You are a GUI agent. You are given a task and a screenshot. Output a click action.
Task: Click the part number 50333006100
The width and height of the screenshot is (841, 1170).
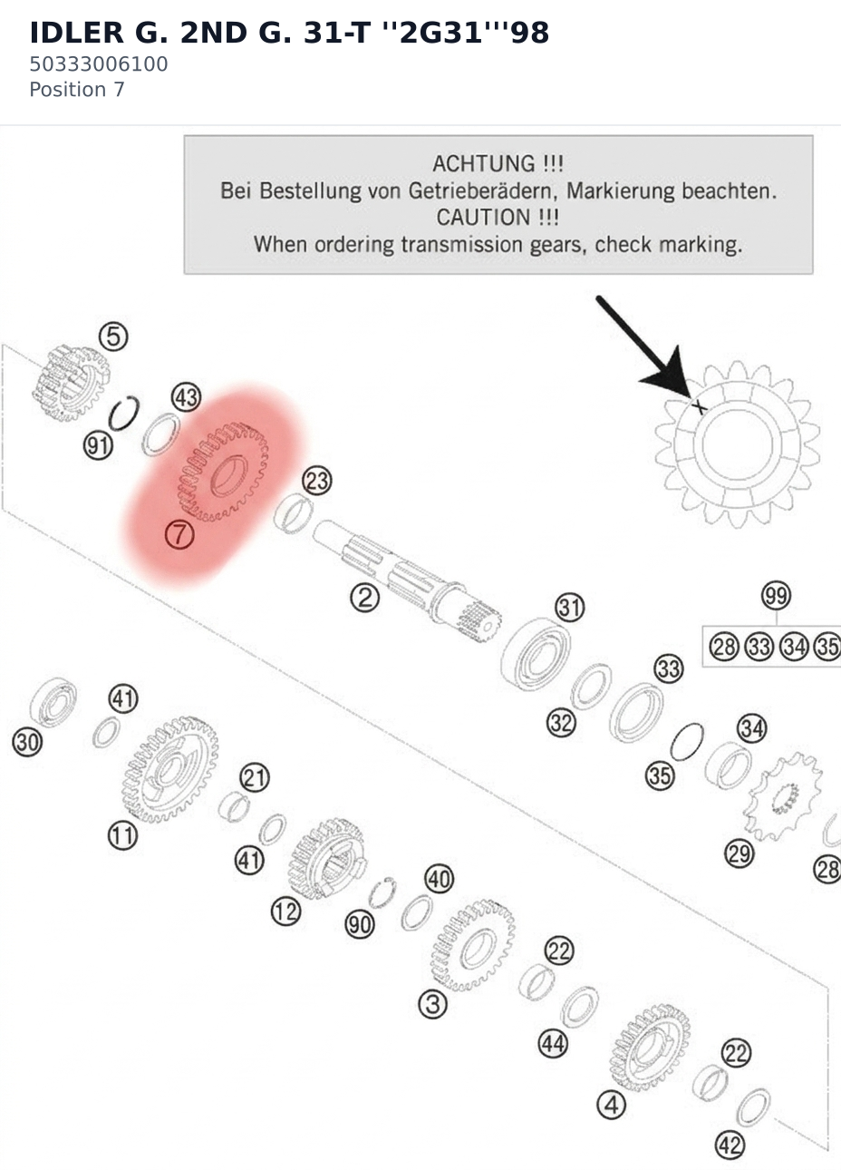[98, 64]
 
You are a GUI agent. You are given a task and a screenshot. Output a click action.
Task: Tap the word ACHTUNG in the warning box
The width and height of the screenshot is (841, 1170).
[483, 164]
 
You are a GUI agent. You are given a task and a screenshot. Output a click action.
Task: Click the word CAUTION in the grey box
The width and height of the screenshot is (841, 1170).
[483, 218]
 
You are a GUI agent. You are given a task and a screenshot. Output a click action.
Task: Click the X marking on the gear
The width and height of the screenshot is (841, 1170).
[699, 406]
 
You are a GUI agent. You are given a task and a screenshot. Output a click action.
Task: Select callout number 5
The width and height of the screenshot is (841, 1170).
[114, 336]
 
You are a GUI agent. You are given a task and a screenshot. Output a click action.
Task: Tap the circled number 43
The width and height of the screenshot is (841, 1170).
[187, 397]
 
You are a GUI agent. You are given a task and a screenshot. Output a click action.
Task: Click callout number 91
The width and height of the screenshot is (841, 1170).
[98, 446]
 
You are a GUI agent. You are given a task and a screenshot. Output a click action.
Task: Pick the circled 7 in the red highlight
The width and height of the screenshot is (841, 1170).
[179, 534]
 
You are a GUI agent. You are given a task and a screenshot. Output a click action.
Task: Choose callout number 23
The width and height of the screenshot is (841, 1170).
[317, 481]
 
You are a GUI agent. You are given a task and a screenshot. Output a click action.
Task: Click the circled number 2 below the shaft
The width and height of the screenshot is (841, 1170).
[364, 598]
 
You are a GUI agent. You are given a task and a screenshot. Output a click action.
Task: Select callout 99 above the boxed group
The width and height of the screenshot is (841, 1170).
[776, 595]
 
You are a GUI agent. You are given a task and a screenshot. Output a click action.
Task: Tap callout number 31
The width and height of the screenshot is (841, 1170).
[569, 608]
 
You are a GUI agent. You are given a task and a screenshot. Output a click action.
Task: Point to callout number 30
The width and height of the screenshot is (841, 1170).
[27, 742]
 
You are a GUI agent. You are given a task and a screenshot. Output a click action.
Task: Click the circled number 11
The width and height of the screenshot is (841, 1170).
[122, 835]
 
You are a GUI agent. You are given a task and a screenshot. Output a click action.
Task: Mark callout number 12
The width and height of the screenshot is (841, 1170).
[285, 912]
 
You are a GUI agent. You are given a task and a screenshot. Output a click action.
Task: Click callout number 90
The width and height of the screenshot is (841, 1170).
[360, 924]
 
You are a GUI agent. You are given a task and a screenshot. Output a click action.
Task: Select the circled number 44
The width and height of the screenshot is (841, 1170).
[553, 1044]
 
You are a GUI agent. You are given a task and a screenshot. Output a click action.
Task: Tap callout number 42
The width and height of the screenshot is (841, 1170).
[730, 1146]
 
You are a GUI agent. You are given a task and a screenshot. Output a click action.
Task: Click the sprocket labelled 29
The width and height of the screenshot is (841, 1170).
[782, 796]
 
